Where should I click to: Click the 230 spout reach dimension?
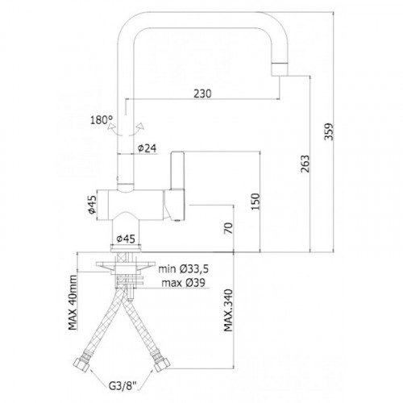click(x=202, y=93)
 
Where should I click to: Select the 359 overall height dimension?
click(x=329, y=131)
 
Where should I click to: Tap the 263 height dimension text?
click(x=305, y=164)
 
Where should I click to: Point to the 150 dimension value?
click(x=256, y=201)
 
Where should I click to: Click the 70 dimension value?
click(x=229, y=228)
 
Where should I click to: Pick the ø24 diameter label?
click(x=147, y=148)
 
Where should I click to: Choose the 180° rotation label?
click(x=102, y=120)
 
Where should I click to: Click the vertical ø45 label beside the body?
click(x=92, y=205)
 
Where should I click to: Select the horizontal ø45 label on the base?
click(x=126, y=239)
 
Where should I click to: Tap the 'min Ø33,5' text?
click(x=184, y=269)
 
